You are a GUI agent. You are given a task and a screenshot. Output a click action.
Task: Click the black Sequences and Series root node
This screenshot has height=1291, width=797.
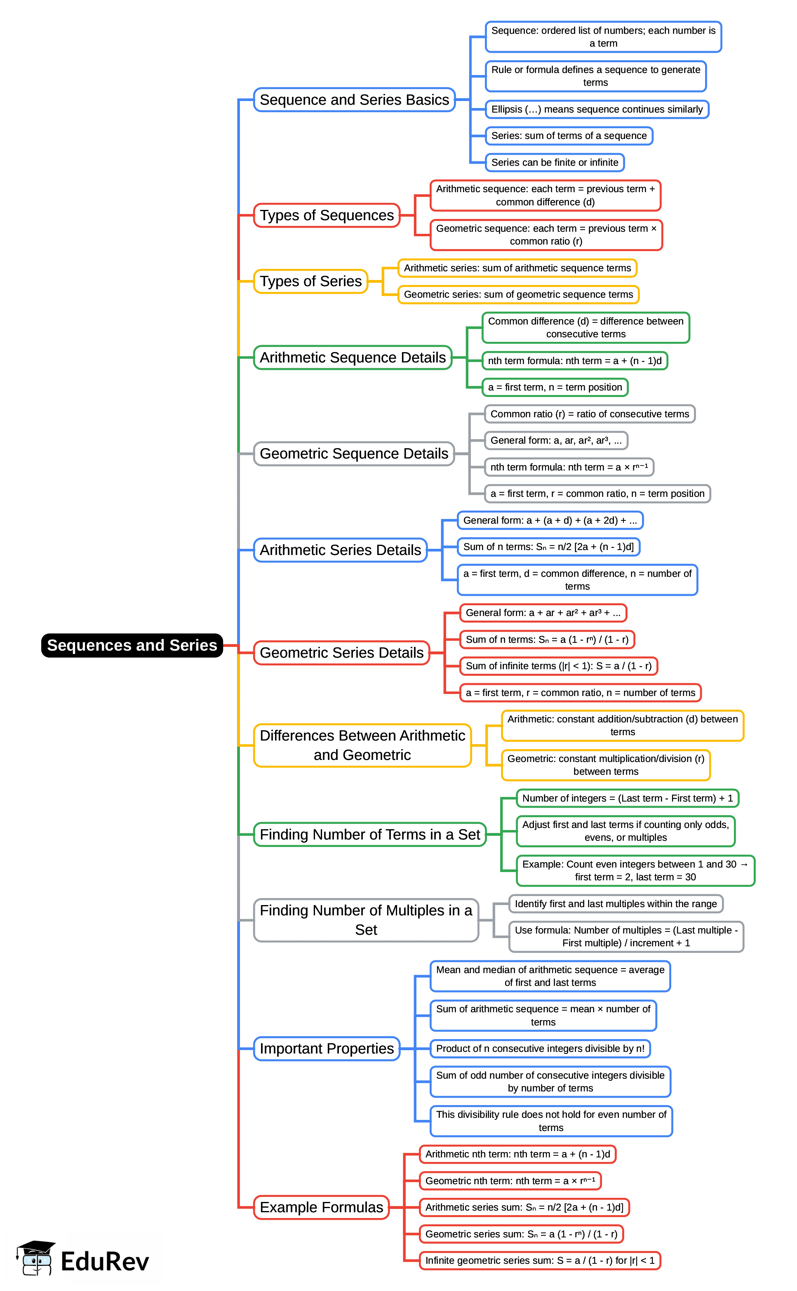coord(132,645)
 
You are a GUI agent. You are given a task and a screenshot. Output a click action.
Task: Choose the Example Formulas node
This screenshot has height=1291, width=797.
coord(321,1207)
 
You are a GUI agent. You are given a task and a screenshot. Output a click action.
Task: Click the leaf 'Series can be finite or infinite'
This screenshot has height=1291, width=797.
coord(555,162)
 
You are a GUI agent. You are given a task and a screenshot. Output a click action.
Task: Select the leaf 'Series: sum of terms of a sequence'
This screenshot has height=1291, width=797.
coord(569,136)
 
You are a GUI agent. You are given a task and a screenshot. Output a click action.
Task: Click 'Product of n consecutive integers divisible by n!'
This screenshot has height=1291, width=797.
coord(540,1049)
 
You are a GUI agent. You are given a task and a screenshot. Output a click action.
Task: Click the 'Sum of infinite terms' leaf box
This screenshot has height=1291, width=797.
coord(558,666)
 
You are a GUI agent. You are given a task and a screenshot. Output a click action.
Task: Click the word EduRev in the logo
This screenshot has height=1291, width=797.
coord(104,1261)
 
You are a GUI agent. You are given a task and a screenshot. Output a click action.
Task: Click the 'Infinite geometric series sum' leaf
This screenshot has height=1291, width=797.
coord(540,1260)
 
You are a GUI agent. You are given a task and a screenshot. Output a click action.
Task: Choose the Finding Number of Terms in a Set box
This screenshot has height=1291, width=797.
coord(369,835)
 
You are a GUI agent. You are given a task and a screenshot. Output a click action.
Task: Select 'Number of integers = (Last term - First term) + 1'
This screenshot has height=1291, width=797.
coord(627,798)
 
